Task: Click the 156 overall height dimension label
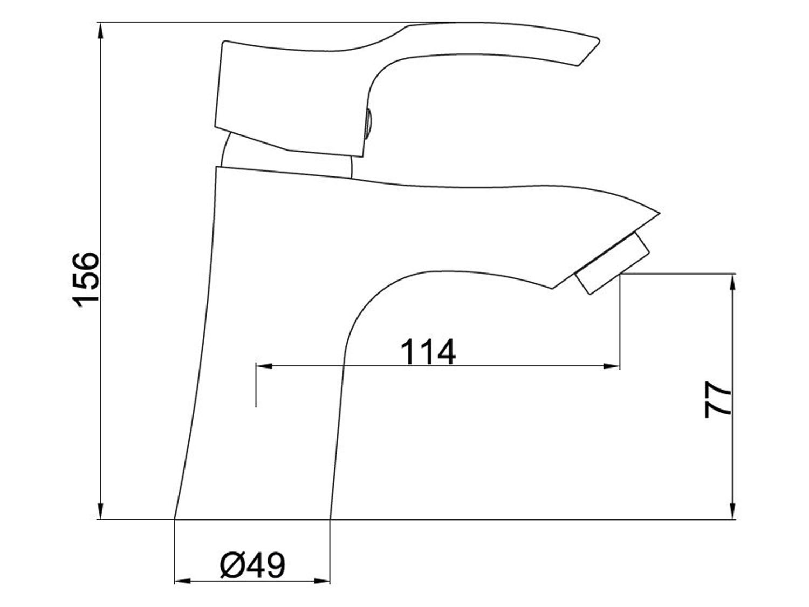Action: pyautogui.click(x=86, y=279)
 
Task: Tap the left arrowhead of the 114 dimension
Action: pyautogui.click(x=264, y=366)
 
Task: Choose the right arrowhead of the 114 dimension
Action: pyautogui.click(x=611, y=366)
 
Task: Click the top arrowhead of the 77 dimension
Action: pyautogui.click(x=733, y=282)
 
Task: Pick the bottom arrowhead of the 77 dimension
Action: pyautogui.click(x=733, y=511)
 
